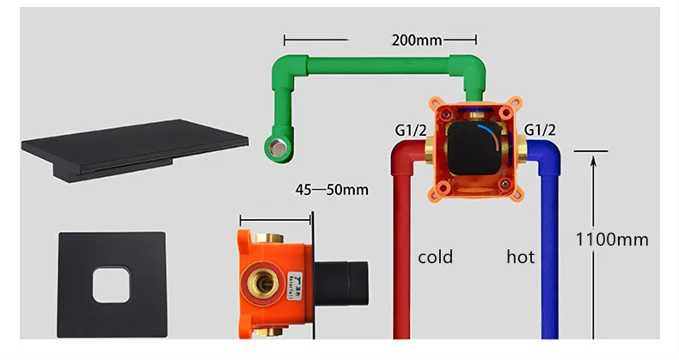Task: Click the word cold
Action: [436, 257]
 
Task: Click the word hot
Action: [520, 257]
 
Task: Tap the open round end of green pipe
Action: [277, 143]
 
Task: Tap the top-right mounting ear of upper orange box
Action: [513, 109]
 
